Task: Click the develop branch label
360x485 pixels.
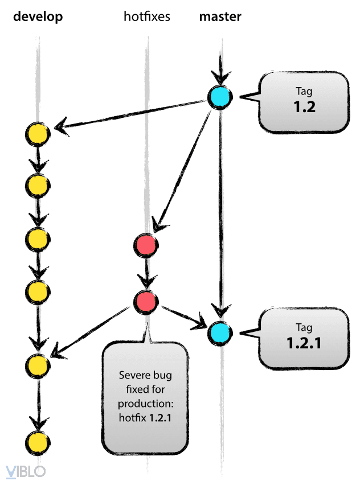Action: (x=38, y=17)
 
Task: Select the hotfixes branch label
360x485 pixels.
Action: (x=146, y=17)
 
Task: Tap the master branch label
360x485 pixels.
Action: (x=220, y=17)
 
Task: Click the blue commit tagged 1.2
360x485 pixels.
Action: (x=220, y=97)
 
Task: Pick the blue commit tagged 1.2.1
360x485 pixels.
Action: (x=220, y=332)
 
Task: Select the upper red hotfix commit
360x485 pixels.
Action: (x=146, y=246)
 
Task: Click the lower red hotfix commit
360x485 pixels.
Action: (x=146, y=301)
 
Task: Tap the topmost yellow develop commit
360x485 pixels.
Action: (x=38, y=134)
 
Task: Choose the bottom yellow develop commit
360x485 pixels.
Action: (x=38, y=442)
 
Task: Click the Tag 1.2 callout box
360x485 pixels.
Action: (x=304, y=102)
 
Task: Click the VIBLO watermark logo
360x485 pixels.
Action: (x=25, y=471)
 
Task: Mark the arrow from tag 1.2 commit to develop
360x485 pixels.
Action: (x=131, y=116)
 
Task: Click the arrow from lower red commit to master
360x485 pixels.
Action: (x=184, y=317)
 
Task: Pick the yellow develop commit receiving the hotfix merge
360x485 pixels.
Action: (x=38, y=365)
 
